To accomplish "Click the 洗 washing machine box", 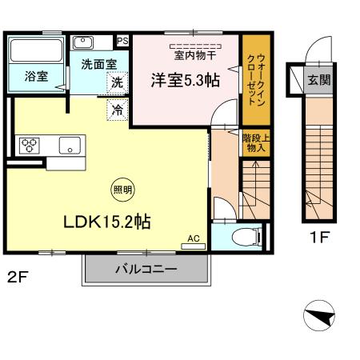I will point(118,82).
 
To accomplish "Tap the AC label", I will point(193,238).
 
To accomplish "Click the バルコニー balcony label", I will point(145,270).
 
